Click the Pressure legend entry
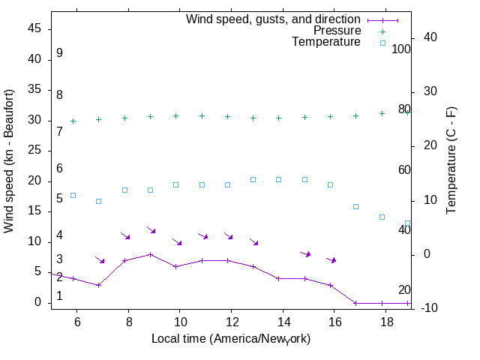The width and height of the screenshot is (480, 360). click(x=337, y=31)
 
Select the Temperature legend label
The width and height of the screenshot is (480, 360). click(x=326, y=42)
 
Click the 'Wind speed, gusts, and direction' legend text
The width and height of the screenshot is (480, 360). click(x=273, y=19)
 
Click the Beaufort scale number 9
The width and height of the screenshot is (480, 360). click(x=59, y=53)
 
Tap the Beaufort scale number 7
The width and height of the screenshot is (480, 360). click(x=59, y=131)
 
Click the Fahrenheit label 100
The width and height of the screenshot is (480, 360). click(x=401, y=49)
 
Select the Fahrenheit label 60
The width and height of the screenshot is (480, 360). click(x=404, y=169)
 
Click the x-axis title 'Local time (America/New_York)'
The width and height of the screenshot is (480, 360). click(x=231, y=339)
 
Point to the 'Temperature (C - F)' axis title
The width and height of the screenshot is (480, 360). click(x=452, y=159)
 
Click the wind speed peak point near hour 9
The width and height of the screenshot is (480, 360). click(x=150, y=254)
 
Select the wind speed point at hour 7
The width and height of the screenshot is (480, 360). click(x=98, y=285)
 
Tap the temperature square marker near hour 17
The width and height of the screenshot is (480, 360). click(x=356, y=206)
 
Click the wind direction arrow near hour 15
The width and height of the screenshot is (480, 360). click(x=305, y=254)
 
